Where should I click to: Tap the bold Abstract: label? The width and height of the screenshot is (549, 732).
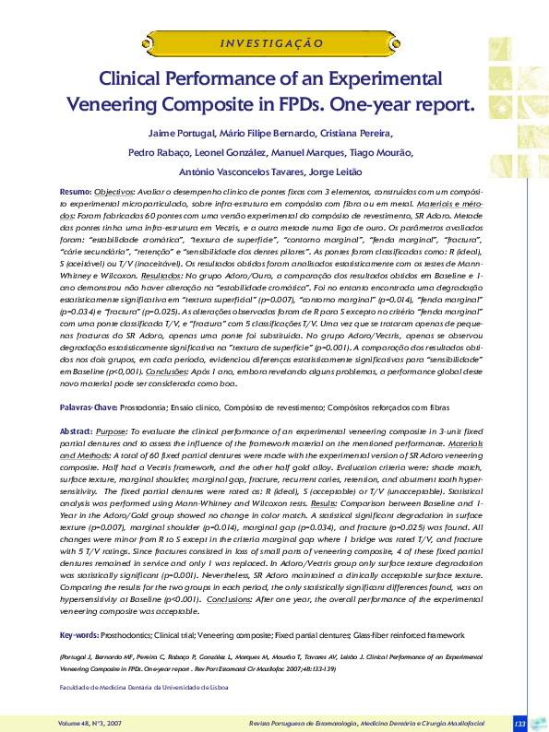77,405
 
